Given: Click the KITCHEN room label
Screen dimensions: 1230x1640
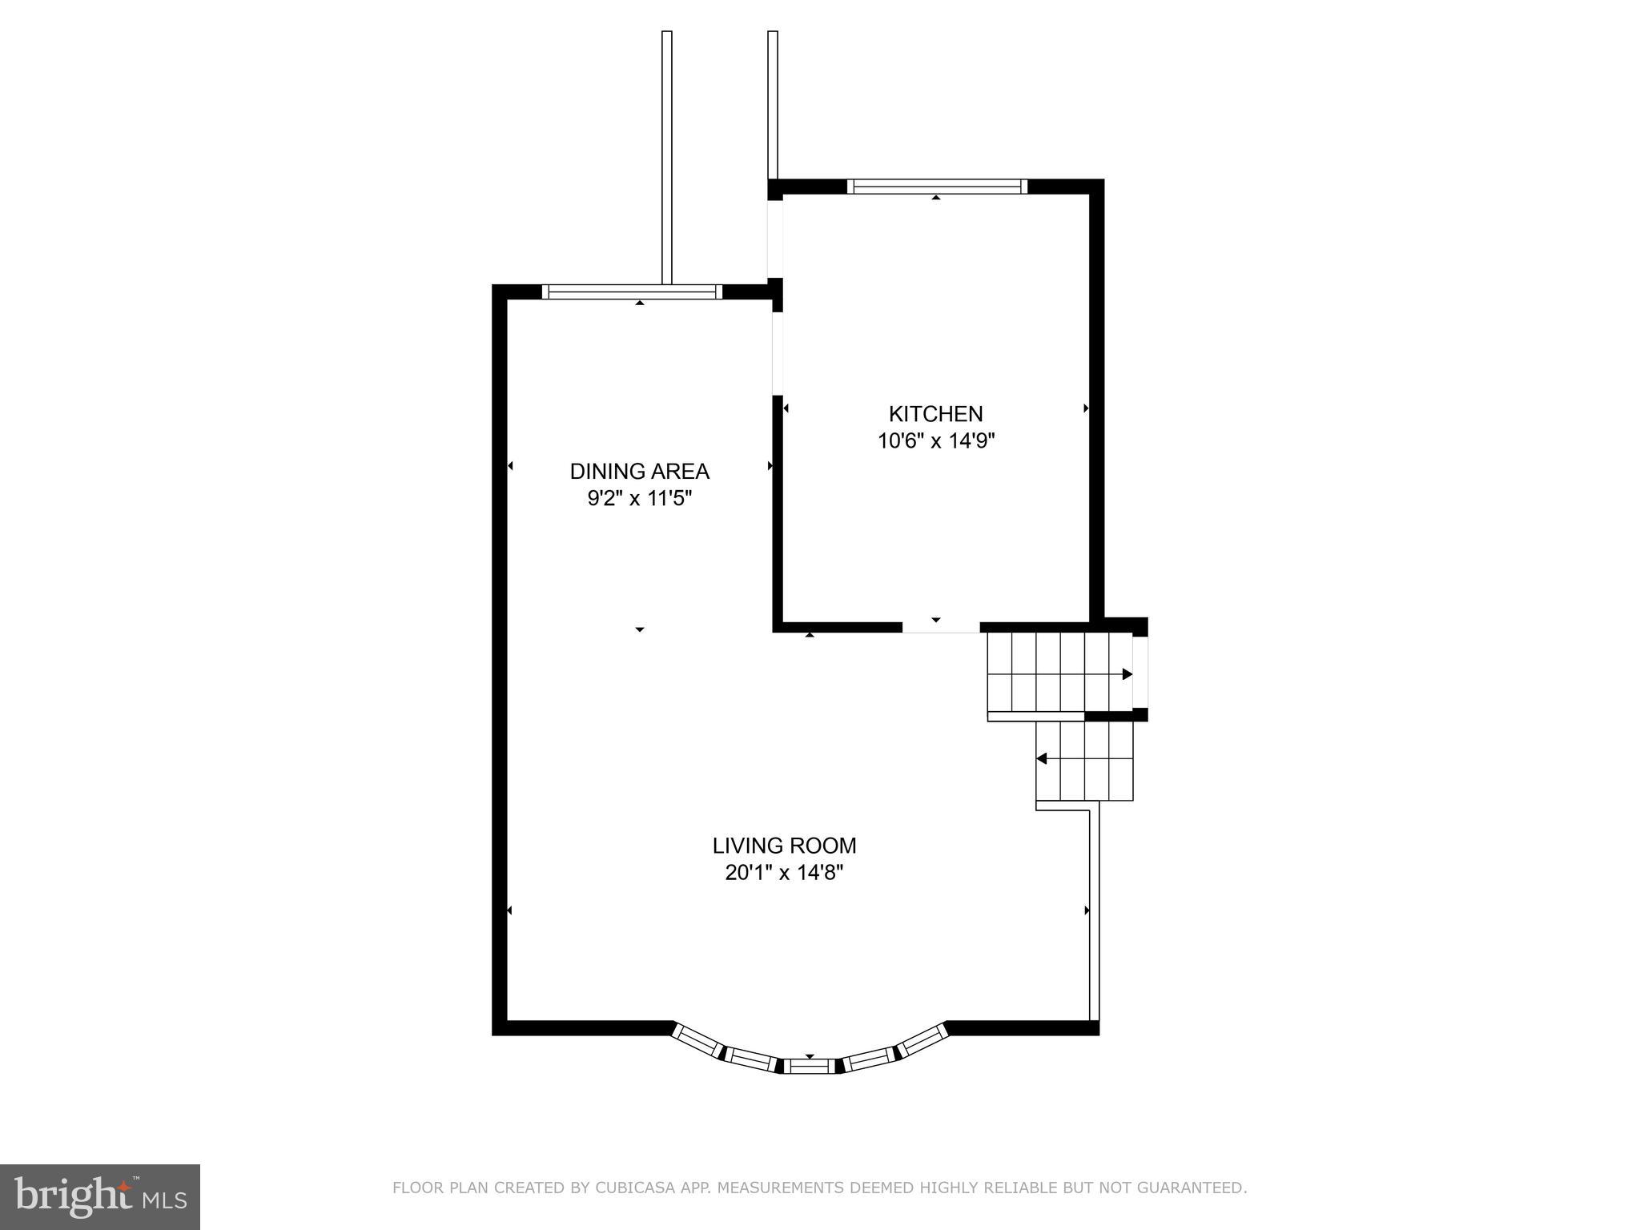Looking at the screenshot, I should (x=935, y=414).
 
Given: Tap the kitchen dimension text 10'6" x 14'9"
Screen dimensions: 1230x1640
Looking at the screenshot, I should (x=935, y=441).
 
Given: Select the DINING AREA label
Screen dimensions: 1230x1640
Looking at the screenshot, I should (x=639, y=471).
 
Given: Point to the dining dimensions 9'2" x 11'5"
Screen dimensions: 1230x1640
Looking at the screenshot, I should (x=639, y=499).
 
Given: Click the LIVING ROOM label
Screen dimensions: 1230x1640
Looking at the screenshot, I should (x=784, y=846).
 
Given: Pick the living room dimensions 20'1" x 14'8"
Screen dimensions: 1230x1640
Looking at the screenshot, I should (x=784, y=873).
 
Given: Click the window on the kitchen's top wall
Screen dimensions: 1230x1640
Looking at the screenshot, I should (x=936, y=187).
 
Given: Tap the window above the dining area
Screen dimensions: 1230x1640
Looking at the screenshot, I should (x=632, y=292).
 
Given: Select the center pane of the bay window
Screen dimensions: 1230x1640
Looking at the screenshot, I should (x=809, y=1066).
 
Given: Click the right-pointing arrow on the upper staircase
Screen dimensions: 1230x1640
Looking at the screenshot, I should (x=1127, y=674).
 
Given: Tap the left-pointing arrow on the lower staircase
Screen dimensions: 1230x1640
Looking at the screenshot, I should (x=1042, y=758).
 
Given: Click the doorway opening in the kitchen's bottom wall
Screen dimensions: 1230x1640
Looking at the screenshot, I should (x=941, y=628).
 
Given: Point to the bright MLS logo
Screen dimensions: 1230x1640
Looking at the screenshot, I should (x=99, y=1196).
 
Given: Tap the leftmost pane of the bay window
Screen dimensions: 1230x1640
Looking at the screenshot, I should (x=697, y=1039).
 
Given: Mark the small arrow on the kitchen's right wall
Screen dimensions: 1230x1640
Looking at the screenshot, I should (x=1086, y=408).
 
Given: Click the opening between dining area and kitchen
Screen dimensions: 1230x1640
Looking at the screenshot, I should (x=777, y=353).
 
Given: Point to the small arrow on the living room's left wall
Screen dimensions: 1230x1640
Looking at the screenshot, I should (x=509, y=910).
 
